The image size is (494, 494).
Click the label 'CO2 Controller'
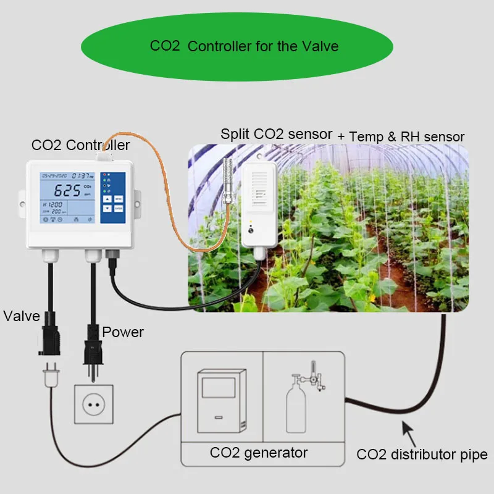80,145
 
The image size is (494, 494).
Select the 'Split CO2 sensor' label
276,134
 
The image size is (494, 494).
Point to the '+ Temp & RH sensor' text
401,136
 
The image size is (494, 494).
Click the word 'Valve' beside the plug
22,317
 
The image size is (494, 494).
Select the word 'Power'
123,332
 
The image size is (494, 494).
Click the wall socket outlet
94,404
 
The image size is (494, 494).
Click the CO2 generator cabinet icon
221,402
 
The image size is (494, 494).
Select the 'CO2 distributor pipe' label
422,455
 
